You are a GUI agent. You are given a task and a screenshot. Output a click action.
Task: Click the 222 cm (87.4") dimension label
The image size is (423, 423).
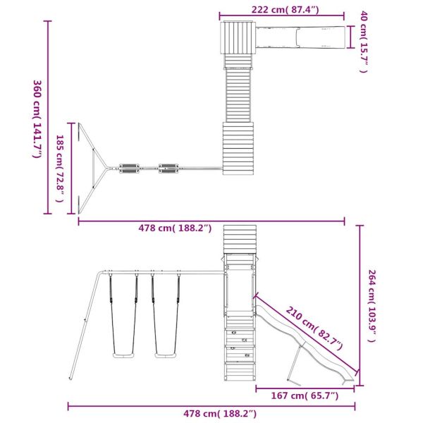pos(285,10)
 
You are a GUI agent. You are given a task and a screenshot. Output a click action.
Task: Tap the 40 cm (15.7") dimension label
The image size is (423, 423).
pos(364,42)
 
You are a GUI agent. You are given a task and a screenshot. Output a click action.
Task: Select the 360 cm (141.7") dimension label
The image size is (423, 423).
pos(37,118)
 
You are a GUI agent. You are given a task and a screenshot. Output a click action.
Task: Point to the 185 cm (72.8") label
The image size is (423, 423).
pos(60,168)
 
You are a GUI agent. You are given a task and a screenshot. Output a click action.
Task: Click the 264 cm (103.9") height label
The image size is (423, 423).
pos(372,306)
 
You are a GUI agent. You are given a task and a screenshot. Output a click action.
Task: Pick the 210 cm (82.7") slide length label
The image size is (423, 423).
pos(314,329)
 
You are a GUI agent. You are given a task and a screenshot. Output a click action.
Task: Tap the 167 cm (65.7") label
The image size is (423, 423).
pos(305,396)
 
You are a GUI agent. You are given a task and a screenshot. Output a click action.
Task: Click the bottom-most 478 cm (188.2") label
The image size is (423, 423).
pos(220,414)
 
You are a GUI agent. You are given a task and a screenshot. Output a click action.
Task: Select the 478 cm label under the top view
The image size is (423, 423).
pos(175,228)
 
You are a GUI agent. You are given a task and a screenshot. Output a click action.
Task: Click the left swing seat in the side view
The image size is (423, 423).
pos(123,355)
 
